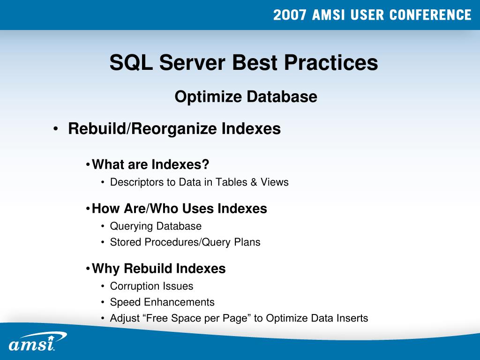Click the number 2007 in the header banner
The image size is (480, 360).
point(290,15)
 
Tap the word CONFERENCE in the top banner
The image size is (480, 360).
point(430,15)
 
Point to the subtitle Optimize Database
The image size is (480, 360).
point(246,97)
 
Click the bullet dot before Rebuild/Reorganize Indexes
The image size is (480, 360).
point(56,129)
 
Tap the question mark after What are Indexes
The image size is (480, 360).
point(205,165)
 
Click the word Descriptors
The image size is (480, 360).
point(136,182)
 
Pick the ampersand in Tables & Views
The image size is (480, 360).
point(254,182)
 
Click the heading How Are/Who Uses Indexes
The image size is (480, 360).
point(180,209)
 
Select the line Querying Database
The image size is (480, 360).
point(156,226)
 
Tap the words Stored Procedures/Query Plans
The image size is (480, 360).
point(185,242)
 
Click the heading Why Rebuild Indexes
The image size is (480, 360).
point(159,269)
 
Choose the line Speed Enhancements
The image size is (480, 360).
point(162,302)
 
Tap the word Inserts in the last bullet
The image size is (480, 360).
point(352,318)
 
